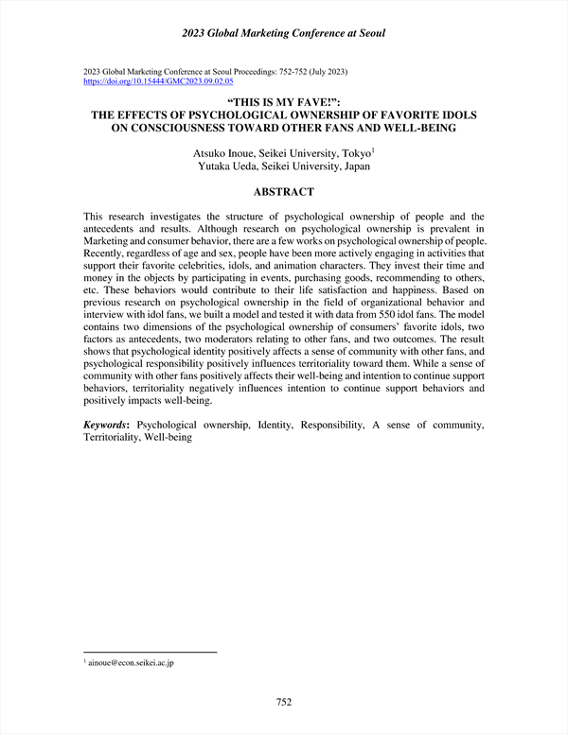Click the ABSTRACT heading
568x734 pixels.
click(283, 192)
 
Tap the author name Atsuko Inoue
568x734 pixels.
click(224, 151)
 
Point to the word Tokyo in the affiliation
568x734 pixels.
click(357, 151)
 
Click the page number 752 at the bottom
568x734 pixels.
click(283, 702)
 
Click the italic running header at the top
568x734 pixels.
click(283, 34)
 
